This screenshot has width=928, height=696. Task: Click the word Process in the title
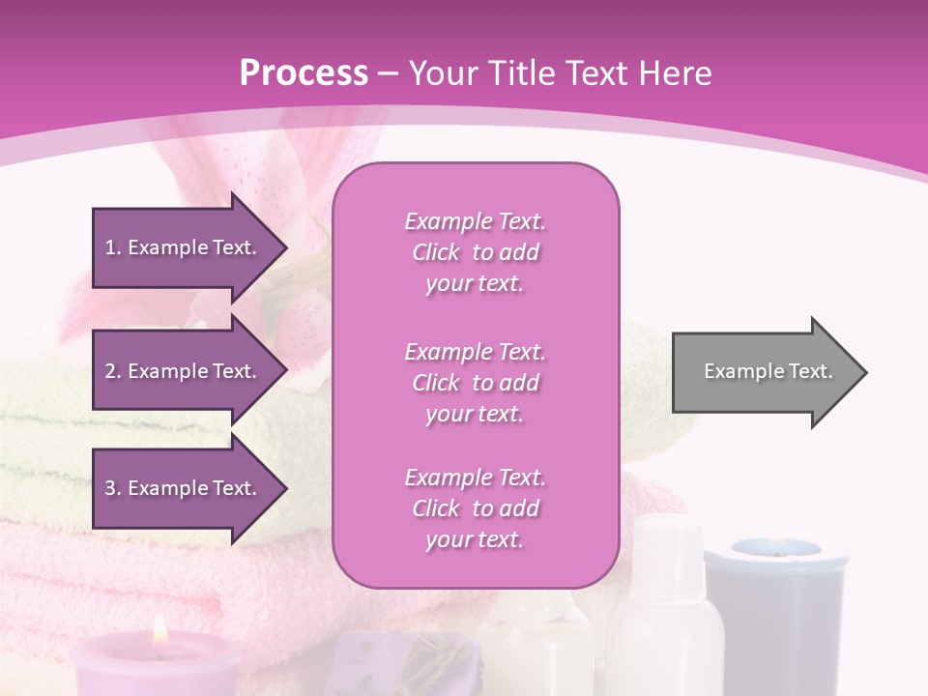pos(304,73)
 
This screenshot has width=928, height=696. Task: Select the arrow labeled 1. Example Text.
pos(184,247)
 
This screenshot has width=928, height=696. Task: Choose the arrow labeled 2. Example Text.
pos(184,371)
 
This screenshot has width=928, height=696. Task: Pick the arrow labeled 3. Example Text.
pos(184,488)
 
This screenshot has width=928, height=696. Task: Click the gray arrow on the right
pos(764,372)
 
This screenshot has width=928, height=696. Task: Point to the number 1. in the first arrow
pos(113,247)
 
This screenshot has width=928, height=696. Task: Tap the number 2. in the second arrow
pos(113,371)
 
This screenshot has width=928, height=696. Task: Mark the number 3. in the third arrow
pos(113,488)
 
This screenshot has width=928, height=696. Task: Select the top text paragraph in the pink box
pos(475,252)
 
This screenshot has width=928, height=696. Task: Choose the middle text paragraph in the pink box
pos(475,383)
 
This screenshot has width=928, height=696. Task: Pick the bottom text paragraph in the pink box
pos(475,508)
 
